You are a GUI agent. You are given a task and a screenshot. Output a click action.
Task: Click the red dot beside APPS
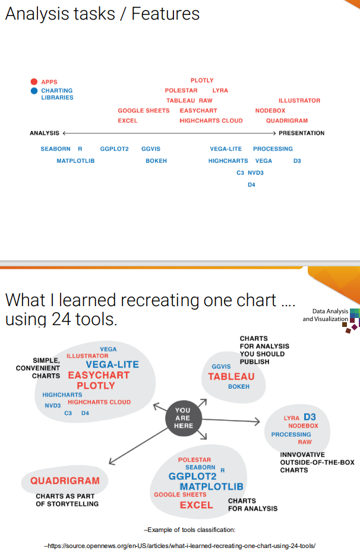(34, 81)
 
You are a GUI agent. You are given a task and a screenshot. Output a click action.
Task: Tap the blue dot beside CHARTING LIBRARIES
(34, 91)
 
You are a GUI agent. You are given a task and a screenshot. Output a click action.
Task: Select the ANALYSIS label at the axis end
(45, 133)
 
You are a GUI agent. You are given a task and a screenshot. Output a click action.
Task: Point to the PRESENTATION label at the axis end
(301, 133)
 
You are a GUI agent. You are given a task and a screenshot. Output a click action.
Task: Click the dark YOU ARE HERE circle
(184, 418)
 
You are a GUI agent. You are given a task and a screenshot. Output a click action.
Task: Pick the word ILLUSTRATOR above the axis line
(299, 100)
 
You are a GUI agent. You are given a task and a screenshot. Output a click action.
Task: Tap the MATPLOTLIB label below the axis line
(75, 160)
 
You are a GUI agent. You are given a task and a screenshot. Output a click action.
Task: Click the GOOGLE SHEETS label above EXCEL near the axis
(144, 111)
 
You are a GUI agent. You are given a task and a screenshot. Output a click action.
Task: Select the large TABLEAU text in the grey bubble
(231, 377)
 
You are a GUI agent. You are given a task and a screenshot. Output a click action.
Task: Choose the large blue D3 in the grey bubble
(310, 417)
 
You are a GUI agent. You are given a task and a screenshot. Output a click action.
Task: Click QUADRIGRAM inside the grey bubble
(65, 480)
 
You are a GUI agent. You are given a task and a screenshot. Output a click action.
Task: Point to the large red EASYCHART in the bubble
(99, 375)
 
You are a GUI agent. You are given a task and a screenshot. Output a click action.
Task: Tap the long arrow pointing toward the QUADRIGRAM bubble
(138, 446)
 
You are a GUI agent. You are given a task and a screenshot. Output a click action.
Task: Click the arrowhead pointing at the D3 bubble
(257, 421)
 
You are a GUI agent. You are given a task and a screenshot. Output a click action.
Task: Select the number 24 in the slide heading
(61, 319)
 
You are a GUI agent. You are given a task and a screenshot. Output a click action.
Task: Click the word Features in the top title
(166, 14)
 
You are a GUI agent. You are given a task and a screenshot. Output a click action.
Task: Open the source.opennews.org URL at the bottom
(179, 546)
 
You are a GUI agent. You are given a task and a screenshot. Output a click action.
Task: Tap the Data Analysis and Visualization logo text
(326, 315)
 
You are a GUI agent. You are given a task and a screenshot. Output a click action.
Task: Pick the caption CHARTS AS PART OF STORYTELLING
(67, 500)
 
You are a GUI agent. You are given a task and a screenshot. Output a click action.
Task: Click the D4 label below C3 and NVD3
(251, 185)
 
